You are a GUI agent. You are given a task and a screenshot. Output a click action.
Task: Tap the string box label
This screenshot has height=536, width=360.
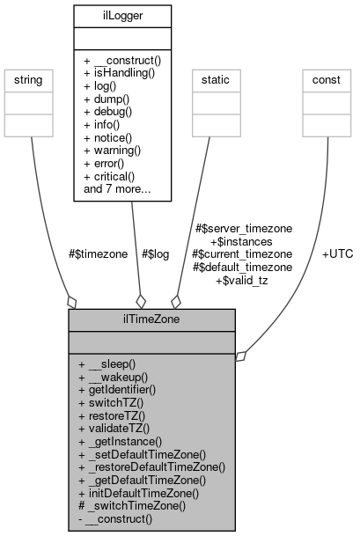click(31, 79)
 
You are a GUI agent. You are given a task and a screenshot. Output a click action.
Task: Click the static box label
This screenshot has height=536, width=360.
click(209, 79)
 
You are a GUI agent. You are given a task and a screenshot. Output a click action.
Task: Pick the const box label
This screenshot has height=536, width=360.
click(327, 79)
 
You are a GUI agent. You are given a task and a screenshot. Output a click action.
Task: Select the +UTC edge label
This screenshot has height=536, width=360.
click(336, 253)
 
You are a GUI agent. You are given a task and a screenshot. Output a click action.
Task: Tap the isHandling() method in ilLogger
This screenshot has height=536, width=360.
click(121, 72)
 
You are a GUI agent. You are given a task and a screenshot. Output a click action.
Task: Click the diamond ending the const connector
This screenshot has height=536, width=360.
click(241, 356)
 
